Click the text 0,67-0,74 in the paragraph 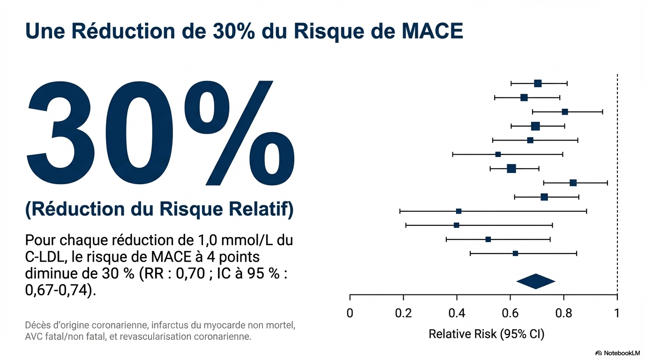(x=58, y=290)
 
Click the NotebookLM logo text (x=622, y=353)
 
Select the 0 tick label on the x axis (x=350, y=313)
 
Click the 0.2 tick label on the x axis (x=403, y=313)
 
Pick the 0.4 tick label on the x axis (x=457, y=313)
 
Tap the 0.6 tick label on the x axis (x=510, y=313)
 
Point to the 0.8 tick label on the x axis (x=563, y=313)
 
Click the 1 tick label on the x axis (x=617, y=313)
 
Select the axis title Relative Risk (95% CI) (x=486, y=335)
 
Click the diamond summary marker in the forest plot (x=535, y=281)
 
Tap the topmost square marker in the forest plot (x=538, y=83)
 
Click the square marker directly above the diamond (x=515, y=253)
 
